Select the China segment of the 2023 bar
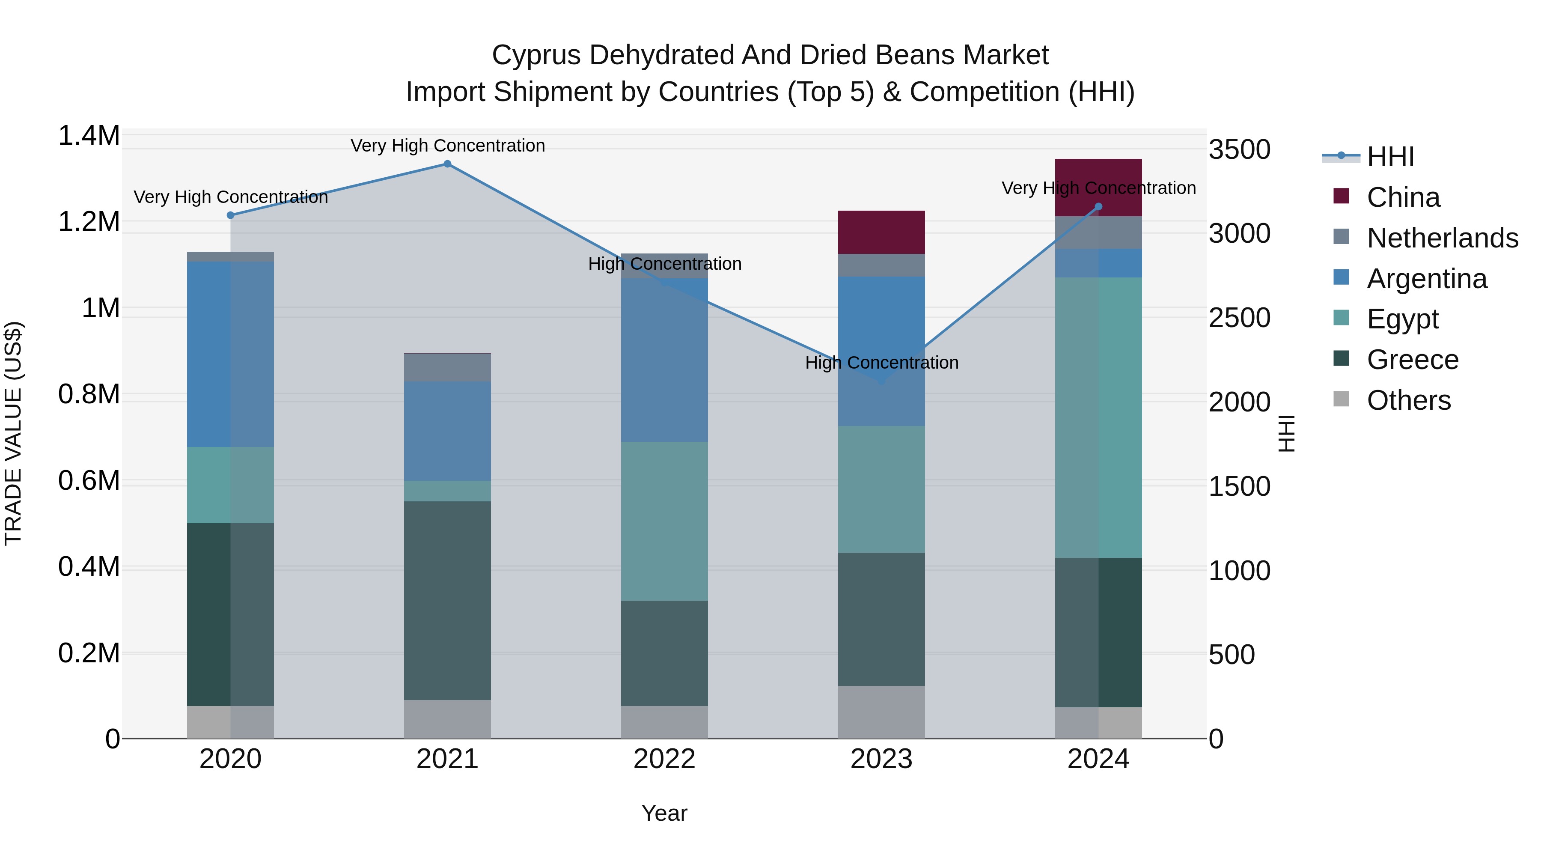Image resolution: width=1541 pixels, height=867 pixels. [x=881, y=232]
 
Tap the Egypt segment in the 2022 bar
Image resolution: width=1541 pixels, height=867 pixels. [x=664, y=521]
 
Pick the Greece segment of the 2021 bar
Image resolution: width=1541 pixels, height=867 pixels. [x=447, y=600]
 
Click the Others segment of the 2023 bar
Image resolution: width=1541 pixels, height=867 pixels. [x=881, y=712]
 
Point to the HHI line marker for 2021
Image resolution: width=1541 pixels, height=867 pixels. [x=447, y=164]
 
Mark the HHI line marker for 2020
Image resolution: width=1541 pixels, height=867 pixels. [x=230, y=215]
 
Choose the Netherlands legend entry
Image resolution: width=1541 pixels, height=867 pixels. [x=1442, y=238]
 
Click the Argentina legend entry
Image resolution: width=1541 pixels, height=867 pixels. [x=1427, y=279]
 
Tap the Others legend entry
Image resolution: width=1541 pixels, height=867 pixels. [x=1409, y=400]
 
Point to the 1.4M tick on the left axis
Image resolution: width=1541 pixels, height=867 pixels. [x=89, y=136]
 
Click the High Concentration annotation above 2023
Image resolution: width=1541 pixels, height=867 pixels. [x=881, y=363]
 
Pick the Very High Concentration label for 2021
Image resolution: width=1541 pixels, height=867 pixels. [x=447, y=146]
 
